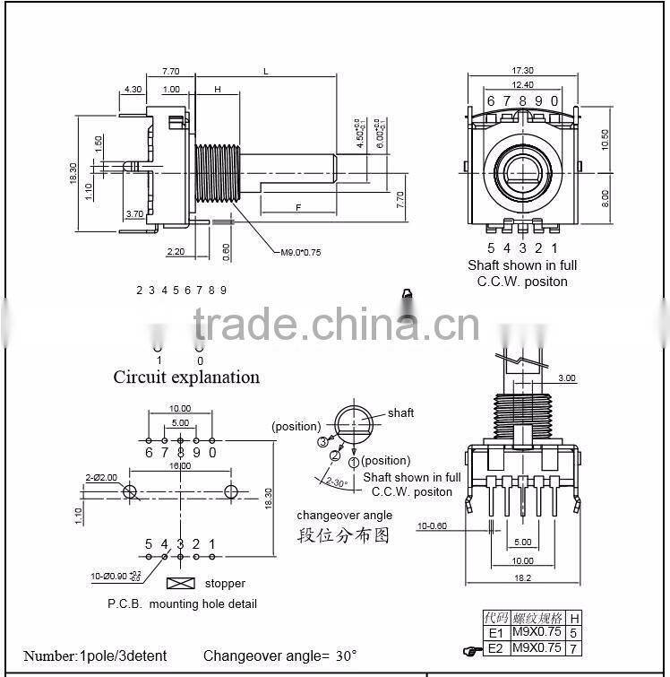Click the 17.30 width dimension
(522, 70)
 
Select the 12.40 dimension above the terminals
(522, 84)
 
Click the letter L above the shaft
(267, 70)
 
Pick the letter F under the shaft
(298, 207)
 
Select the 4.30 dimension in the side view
(133, 89)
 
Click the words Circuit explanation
(186, 377)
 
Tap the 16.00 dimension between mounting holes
(180, 466)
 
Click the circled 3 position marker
(322, 441)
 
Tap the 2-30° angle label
(337, 482)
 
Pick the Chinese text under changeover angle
(344, 535)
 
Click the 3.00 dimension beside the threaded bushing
(566, 378)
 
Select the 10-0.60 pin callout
(434, 526)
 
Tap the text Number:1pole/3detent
(95, 655)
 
